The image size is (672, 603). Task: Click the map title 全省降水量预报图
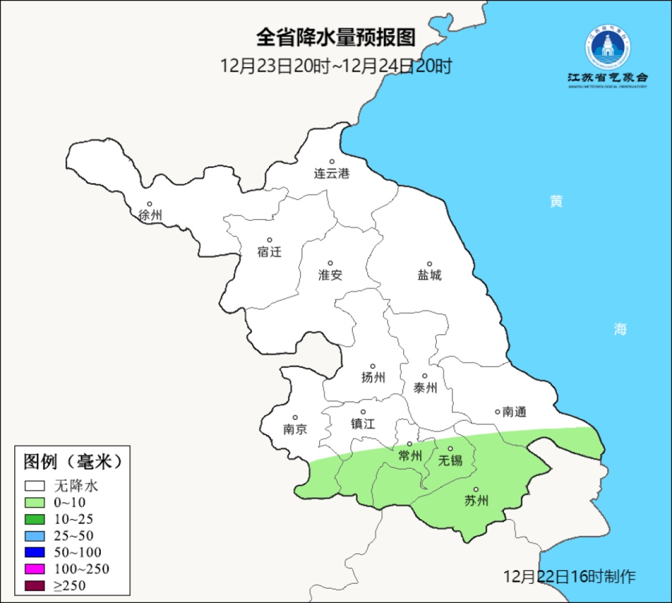click(335, 38)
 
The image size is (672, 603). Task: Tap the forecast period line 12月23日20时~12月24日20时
click(335, 65)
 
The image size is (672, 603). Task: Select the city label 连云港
click(332, 174)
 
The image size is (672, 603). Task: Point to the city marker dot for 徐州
click(149, 203)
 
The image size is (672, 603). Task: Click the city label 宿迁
click(269, 252)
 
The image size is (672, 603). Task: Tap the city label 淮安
click(330, 275)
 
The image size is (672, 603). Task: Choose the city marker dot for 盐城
click(429, 264)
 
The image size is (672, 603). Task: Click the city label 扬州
click(373, 377)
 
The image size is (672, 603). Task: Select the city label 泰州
click(425, 388)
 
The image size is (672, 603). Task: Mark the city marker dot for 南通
click(497, 411)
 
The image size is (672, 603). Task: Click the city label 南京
click(295, 429)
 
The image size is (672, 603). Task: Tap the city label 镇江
click(363, 424)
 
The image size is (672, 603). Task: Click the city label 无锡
click(450, 460)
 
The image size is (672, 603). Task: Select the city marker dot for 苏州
click(476, 490)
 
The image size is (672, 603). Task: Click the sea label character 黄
click(556, 202)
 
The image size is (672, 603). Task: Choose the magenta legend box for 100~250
click(35, 569)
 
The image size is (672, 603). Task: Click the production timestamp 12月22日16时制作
click(569, 576)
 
